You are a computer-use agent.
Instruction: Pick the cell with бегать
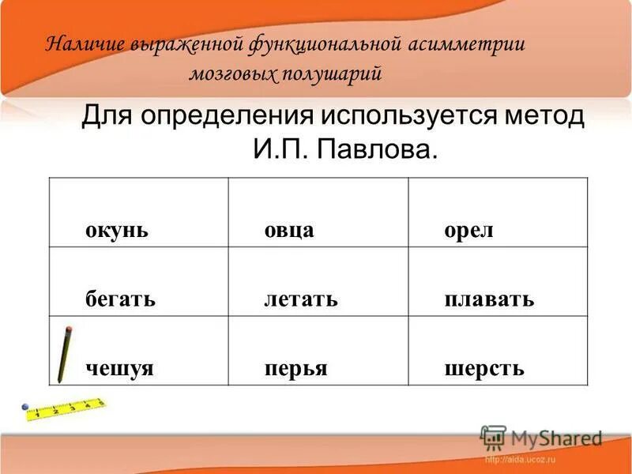120,299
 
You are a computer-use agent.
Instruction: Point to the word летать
300,299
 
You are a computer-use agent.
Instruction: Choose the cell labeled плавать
488,299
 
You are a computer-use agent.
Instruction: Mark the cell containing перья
295,369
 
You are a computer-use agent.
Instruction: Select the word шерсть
484,369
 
